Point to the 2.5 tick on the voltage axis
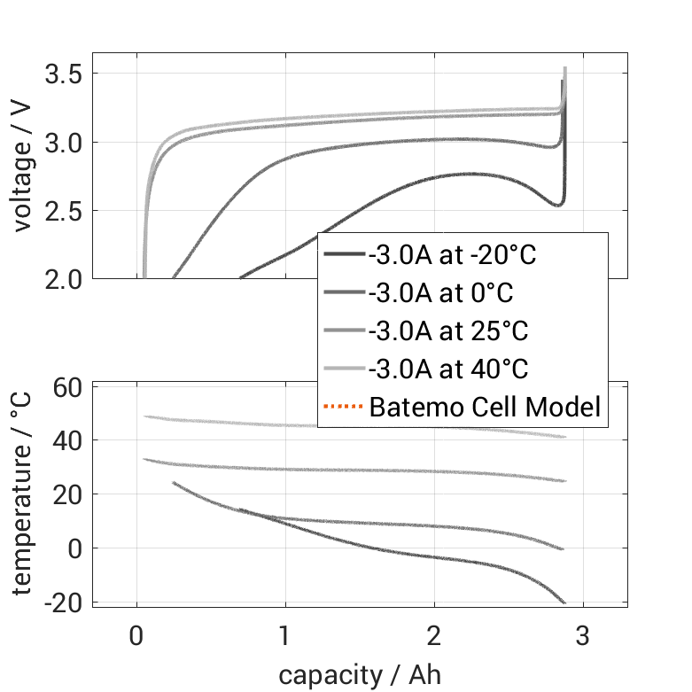pyautogui.click(x=64, y=211)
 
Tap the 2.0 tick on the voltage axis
pyautogui.click(x=64, y=279)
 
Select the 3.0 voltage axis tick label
pyautogui.click(x=64, y=143)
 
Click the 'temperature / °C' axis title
pyautogui.click(x=24, y=493)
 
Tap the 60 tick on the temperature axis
pyautogui.click(x=68, y=387)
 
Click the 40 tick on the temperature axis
pyautogui.click(x=68, y=440)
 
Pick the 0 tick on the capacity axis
pyautogui.click(x=136, y=636)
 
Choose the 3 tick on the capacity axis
pyautogui.click(x=582, y=636)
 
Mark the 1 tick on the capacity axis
pyautogui.click(x=285, y=636)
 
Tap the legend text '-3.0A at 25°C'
pyautogui.click(x=448, y=331)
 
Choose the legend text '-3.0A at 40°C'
pyautogui.click(x=448, y=369)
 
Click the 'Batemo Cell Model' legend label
pyautogui.click(x=485, y=408)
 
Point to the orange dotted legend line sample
pyautogui.click(x=344, y=408)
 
